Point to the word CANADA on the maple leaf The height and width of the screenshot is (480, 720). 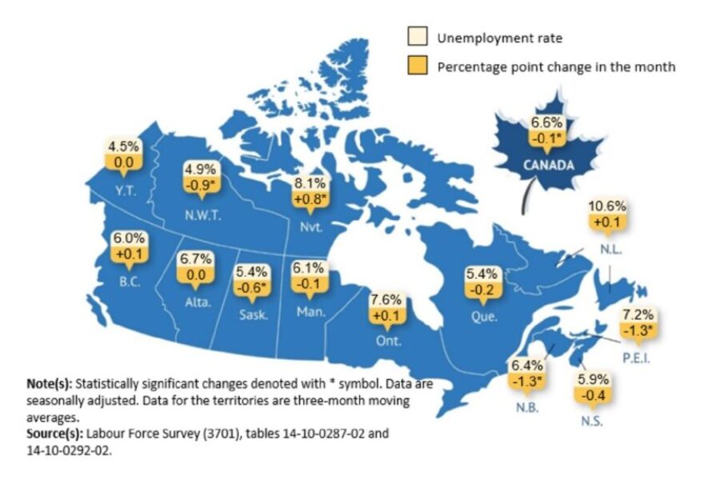pos(547,166)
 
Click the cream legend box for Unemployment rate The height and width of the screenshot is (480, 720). pos(418,38)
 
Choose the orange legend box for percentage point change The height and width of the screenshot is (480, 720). pos(418,66)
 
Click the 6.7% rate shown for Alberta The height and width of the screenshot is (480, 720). pos(196,259)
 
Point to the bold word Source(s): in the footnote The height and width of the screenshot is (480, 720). pos(57,432)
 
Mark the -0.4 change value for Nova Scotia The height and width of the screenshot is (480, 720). pos(593,394)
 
